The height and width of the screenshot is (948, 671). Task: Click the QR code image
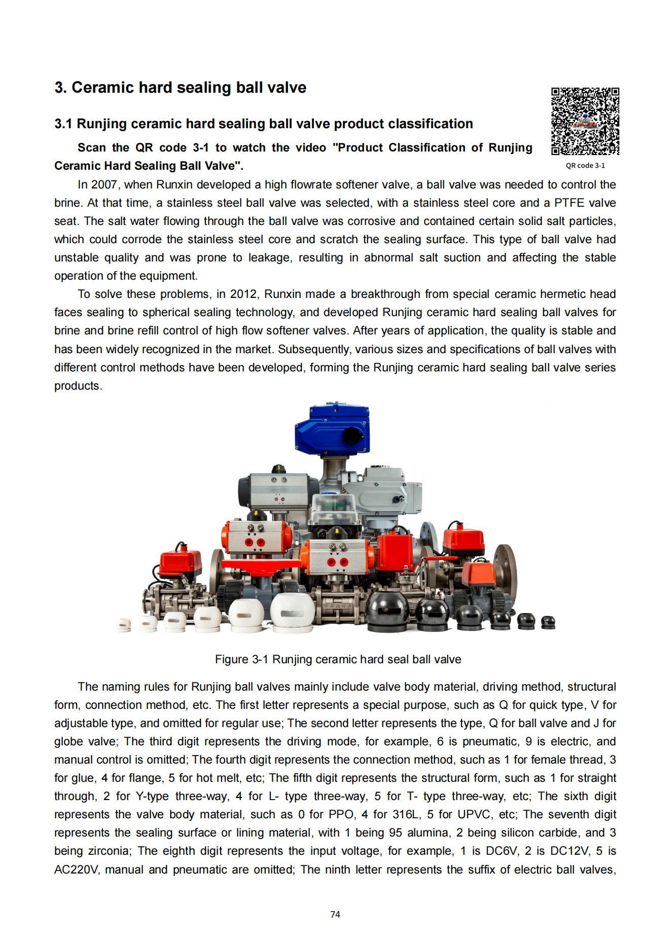point(585,121)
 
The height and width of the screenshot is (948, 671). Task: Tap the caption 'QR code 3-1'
point(585,166)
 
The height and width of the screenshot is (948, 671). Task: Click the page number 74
point(335,915)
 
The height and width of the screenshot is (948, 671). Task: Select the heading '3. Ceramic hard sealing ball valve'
point(180,88)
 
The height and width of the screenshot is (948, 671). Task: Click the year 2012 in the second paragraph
point(243,294)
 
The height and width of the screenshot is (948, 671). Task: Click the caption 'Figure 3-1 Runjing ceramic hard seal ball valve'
point(338,659)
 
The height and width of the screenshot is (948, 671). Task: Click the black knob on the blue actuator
point(351,435)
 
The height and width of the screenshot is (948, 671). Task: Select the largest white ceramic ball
point(292,613)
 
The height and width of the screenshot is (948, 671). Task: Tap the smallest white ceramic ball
point(123,625)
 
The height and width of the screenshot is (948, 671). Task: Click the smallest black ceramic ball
point(548,622)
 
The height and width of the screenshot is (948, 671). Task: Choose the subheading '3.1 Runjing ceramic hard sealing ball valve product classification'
point(263,124)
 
